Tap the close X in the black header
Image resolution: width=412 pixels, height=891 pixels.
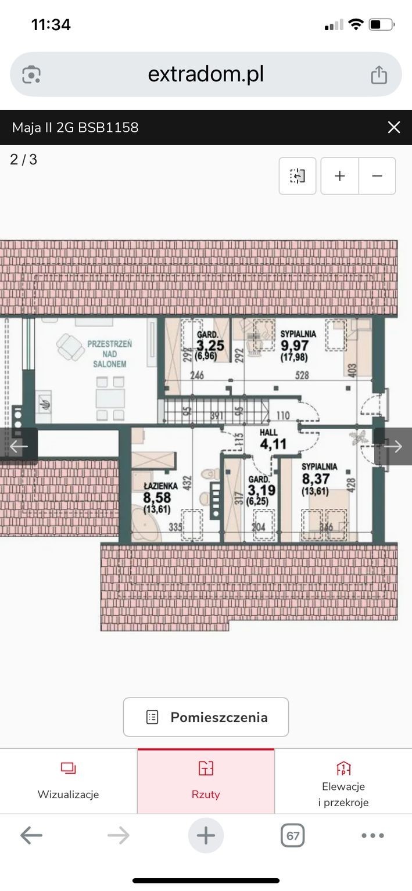[393, 127]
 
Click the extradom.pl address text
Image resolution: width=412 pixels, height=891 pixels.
[206, 74]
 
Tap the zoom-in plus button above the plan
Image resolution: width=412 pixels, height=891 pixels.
[339, 176]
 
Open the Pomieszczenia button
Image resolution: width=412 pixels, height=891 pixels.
[206, 717]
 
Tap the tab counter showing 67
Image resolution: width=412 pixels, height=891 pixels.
[292, 835]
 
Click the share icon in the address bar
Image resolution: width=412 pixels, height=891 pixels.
[378, 74]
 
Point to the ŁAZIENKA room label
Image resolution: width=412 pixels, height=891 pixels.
[160, 486]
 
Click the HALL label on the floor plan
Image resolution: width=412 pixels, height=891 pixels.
[268, 432]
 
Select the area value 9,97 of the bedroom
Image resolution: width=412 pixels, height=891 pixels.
[295, 345]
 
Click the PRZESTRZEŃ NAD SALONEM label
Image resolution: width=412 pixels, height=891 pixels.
[109, 354]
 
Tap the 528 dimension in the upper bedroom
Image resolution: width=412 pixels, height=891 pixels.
[302, 375]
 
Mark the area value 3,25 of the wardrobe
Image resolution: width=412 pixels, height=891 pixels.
[210, 345]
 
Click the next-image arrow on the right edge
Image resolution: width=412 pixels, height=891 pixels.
[393, 446]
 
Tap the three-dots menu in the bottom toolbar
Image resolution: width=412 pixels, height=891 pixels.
[372, 835]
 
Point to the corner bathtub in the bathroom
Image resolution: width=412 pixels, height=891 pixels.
[145, 523]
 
